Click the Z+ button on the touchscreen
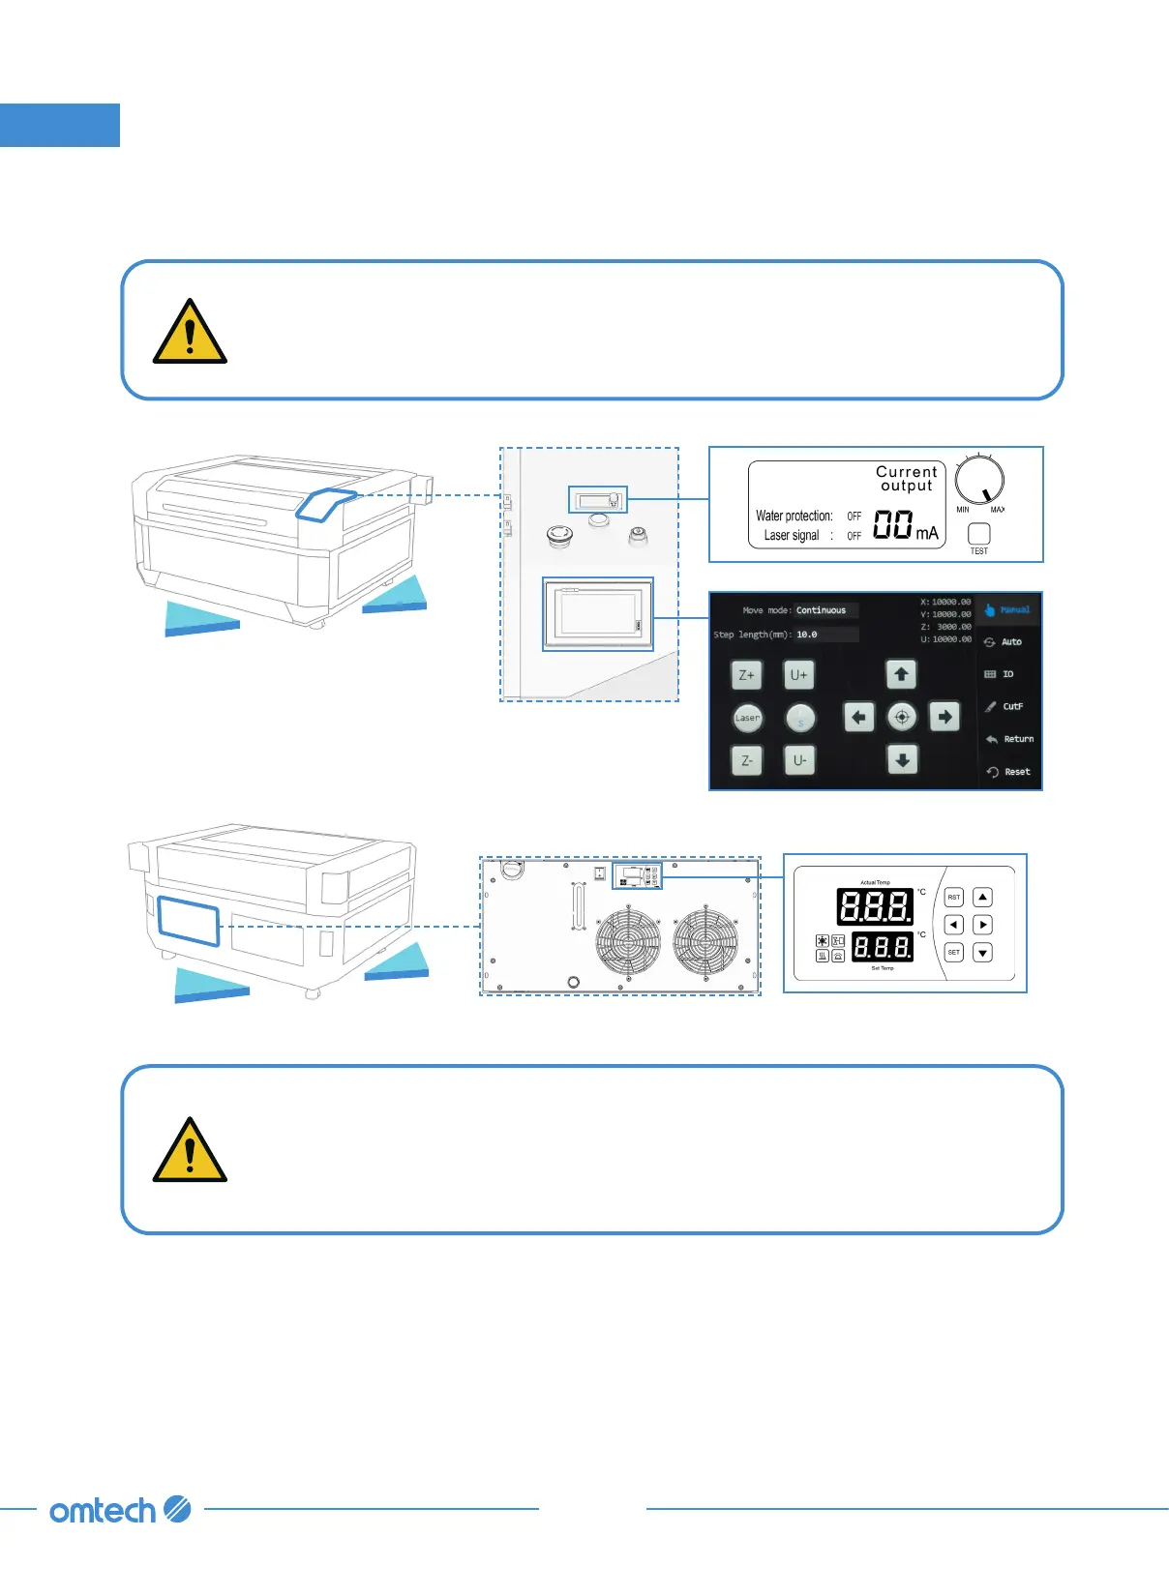(747, 675)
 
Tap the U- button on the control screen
(799, 760)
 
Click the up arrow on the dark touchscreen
(901, 674)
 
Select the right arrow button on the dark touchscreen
(944, 717)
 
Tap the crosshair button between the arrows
(902, 717)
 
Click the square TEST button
(979, 533)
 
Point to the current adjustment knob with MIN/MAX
(979, 480)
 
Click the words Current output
(906, 479)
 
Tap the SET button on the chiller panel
(954, 953)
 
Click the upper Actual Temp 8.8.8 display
(875, 906)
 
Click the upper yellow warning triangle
(190, 334)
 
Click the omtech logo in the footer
(120, 1510)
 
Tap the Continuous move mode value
(822, 610)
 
